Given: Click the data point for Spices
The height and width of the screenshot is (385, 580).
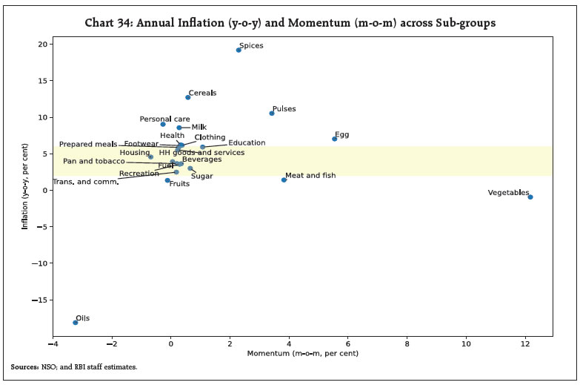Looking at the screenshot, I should (239, 50).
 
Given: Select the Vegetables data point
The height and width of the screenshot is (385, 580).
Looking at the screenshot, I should (530, 197).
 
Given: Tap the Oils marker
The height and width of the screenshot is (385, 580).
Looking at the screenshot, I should (76, 322).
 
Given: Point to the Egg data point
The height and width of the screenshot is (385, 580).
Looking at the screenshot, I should (335, 139).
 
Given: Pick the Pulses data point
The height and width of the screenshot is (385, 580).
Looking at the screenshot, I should (272, 113).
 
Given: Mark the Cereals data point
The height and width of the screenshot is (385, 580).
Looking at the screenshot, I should (188, 97).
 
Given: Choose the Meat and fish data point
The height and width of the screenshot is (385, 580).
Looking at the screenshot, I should (284, 180).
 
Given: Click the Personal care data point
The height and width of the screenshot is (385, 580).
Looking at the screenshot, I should (163, 124).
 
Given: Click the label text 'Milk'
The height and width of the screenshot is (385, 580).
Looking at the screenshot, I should (199, 128).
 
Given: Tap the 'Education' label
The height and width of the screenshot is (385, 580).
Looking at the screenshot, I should (247, 143).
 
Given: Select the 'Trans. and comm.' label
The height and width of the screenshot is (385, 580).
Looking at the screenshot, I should (85, 182).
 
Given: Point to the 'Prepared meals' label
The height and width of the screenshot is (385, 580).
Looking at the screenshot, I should (88, 144).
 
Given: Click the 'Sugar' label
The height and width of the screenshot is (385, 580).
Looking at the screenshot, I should (202, 177).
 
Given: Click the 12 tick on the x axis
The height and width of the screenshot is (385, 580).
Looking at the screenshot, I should (525, 344).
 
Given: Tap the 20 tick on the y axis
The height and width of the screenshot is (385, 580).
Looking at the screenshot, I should (41, 45).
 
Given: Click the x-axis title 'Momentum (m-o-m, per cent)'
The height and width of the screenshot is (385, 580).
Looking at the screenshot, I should (303, 354).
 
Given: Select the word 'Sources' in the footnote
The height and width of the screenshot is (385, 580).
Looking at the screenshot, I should (25, 367).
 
